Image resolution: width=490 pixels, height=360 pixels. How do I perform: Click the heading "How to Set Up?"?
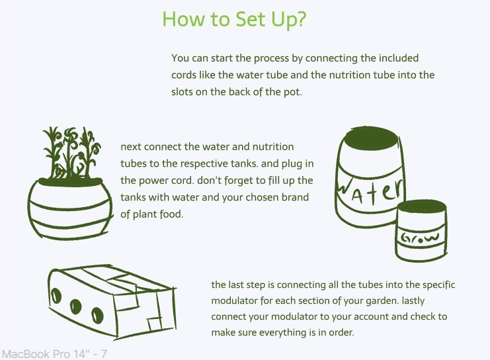click(x=234, y=19)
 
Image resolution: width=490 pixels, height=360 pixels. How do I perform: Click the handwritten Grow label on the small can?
click(x=420, y=238)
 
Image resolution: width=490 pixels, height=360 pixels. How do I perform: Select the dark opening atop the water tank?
click(x=372, y=139)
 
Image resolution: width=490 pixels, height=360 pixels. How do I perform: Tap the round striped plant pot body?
click(x=70, y=209)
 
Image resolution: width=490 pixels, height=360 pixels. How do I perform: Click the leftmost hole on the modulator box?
click(x=56, y=296)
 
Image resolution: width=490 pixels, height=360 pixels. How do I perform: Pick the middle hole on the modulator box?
click(x=75, y=306)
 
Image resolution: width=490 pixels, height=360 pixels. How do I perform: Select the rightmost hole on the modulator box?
click(x=97, y=315)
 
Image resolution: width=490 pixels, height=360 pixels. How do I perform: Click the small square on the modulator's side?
click(x=154, y=324)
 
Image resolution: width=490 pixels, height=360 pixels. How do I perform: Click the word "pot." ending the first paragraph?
click(x=293, y=92)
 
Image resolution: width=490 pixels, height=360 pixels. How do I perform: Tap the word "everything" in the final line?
click(x=283, y=333)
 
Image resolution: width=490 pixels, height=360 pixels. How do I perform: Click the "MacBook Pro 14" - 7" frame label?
click(x=54, y=354)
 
